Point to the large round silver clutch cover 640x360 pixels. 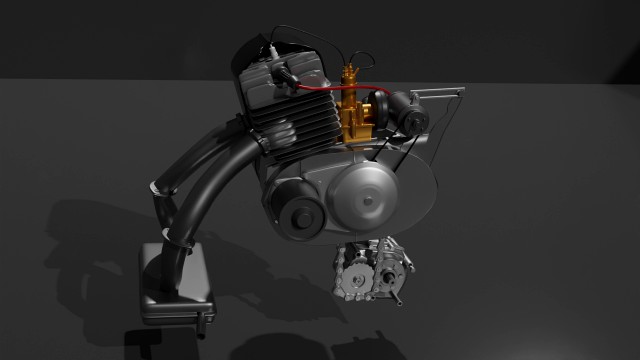(371, 196)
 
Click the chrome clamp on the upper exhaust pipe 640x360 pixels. (160, 187)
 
